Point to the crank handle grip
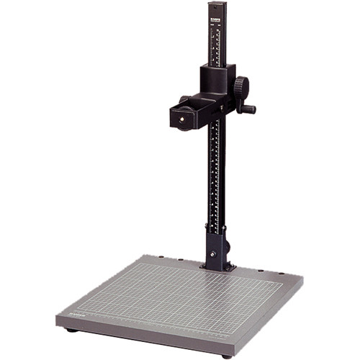249,110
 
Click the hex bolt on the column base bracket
213,254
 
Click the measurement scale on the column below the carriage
215,173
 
